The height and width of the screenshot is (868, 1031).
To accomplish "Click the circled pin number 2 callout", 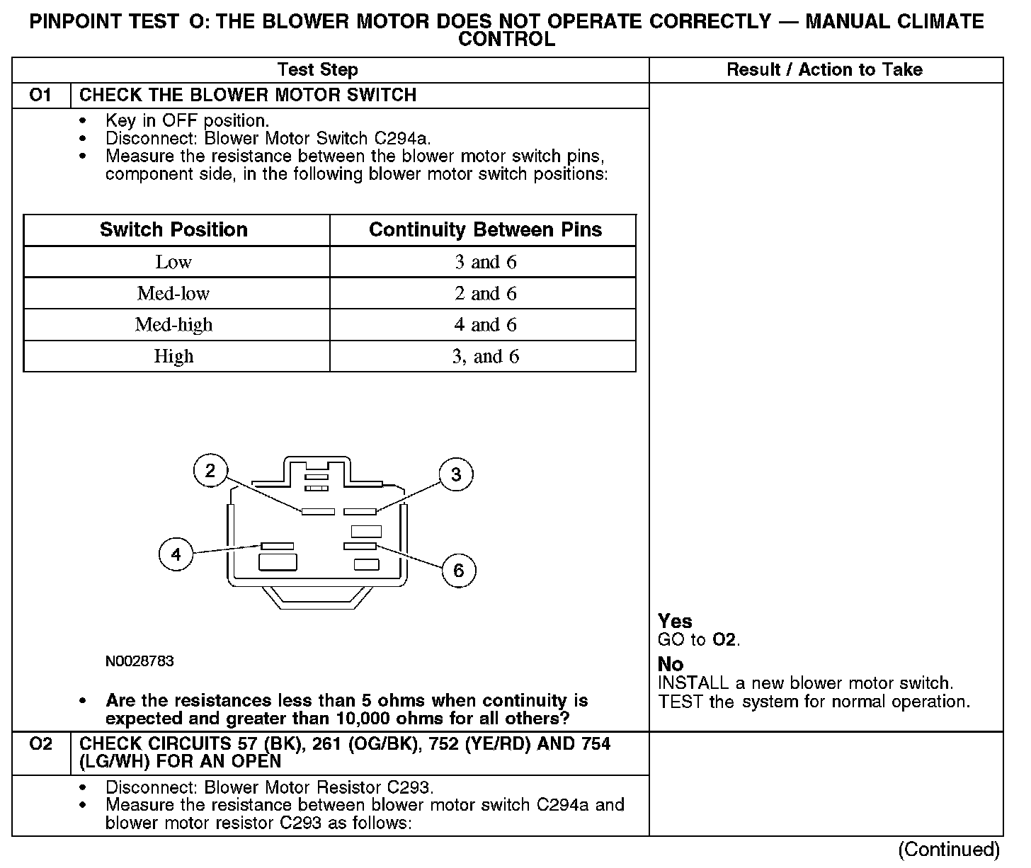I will [x=210, y=471].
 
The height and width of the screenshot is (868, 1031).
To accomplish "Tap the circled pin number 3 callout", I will [x=456, y=474].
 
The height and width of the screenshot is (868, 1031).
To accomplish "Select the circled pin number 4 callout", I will [x=176, y=554].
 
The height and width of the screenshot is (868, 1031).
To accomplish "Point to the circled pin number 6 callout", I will [x=458, y=571].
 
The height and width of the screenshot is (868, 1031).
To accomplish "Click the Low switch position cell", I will [x=173, y=262].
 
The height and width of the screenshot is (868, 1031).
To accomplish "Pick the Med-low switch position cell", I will [x=173, y=293].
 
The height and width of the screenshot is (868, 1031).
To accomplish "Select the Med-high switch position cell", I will [x=173, y=324].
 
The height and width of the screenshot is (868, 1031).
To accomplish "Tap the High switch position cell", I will [x=173, y=356].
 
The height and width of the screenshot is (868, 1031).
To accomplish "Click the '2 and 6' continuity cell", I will [x=485, y=293].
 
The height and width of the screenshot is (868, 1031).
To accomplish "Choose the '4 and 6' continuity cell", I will [x=485, y=324].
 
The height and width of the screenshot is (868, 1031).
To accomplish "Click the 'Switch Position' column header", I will [x=173, y=229].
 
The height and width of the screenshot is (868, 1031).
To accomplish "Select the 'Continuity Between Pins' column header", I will [x=485, y=229].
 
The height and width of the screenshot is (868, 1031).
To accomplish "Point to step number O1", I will [x=41, y=95].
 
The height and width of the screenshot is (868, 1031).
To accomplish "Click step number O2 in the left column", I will [x=41, y=744].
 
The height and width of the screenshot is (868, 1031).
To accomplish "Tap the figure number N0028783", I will [x=139, y=661].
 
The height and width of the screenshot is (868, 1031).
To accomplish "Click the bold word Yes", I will [x=674, y=621].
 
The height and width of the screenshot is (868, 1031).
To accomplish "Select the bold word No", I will [x=671, y=664].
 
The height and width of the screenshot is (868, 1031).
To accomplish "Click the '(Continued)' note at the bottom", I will [x=949, y=850].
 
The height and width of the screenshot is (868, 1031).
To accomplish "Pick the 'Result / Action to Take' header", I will [x=824, y=69].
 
